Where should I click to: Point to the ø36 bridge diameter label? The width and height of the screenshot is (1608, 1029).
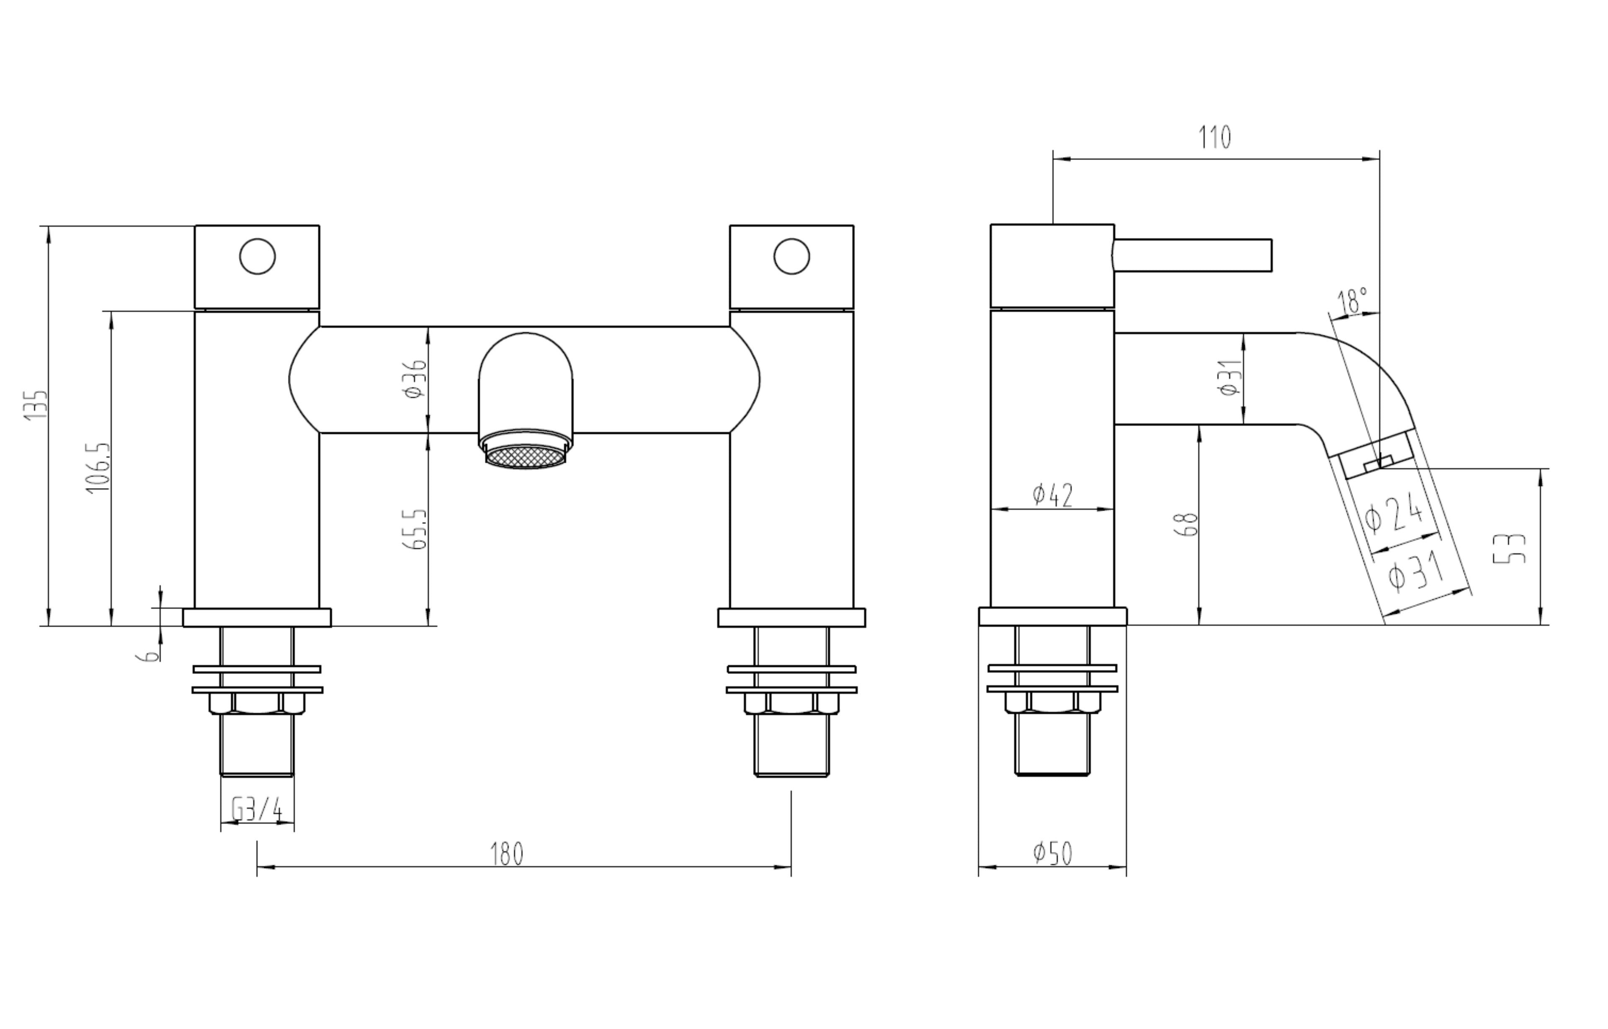click(415, 378)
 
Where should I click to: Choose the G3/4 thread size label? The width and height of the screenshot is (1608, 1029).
click(257, 810)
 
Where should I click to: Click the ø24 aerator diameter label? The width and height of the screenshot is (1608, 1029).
click(1394, 514)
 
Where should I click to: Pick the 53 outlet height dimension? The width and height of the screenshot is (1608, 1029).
click(1509, 548)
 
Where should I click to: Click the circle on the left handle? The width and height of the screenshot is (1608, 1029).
click(257, 257)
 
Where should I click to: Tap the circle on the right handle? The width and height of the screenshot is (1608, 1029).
click(791, 257)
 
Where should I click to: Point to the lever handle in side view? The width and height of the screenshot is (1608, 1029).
click(1193, 256)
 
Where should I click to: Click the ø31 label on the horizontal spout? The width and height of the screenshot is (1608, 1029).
click(1230, 378)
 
